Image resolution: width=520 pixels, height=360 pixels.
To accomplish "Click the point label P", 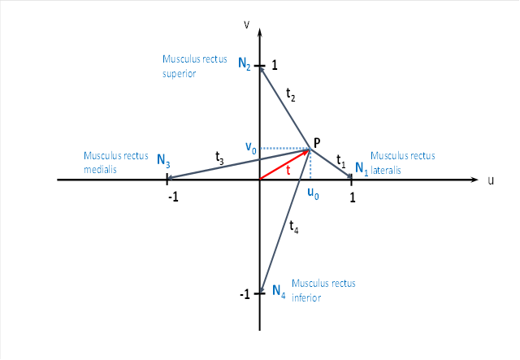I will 317,143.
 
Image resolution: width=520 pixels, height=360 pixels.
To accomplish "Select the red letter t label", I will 288,170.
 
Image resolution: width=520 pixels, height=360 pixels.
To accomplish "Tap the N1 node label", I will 362,170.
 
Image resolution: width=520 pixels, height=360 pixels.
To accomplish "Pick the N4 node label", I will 279,290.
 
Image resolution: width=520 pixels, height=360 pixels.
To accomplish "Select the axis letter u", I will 491,180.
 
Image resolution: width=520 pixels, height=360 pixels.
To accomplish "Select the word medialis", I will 101,171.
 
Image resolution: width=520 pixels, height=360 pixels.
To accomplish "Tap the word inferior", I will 308,297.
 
